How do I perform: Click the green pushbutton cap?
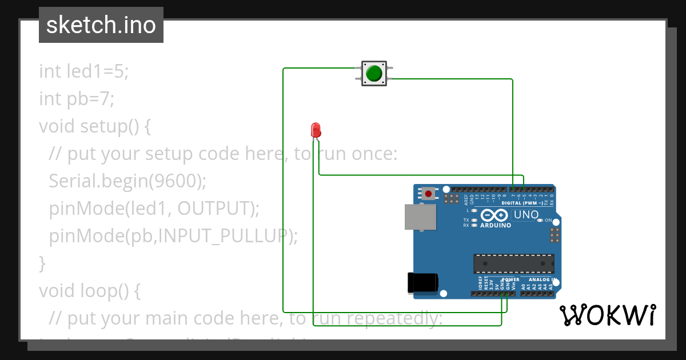point(374,73)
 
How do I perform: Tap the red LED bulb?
point(316,130)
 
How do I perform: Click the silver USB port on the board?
point(420,217)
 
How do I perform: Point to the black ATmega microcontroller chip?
point(513,263)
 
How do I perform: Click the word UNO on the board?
point(526,215)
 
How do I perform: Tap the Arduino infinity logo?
point(494,215)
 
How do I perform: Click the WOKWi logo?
point(608,315)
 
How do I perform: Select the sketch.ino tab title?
point(101,25)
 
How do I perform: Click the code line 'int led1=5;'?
point(84,71)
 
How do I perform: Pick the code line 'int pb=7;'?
point(77,99)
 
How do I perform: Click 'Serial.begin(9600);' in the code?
point(127,181)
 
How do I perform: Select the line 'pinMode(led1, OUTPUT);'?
point(154,209)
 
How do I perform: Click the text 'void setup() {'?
point(95,126)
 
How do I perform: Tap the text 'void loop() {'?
point(90,291)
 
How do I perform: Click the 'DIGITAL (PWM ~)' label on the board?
point(522,203)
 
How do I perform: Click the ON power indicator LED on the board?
point(540,221)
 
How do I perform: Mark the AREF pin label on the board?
point(466,199)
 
